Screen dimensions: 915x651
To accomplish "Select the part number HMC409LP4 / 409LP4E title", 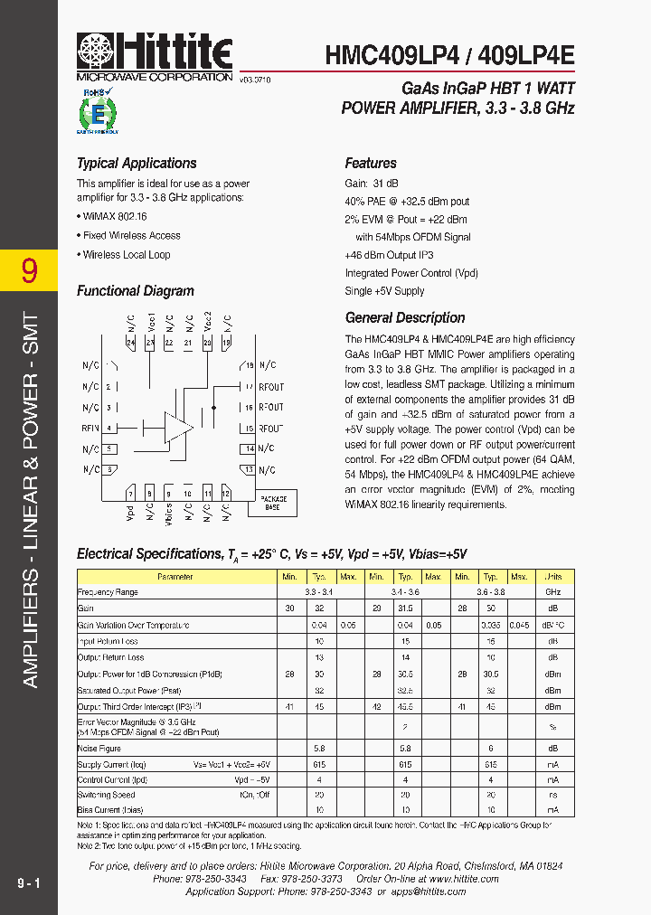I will coord(449,55).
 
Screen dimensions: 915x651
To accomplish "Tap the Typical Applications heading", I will coord(137,164).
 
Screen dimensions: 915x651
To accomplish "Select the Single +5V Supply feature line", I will coord(384,291).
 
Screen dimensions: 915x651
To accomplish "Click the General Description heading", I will coord(405,318).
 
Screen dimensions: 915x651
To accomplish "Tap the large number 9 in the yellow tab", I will coord(29,270).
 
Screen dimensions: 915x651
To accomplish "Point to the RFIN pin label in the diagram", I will coord(90,428).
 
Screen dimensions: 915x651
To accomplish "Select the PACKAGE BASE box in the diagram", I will coord(273,503).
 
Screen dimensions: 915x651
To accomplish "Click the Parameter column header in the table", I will coord(175,577).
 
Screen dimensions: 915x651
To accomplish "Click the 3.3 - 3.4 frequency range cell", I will coord(318,591).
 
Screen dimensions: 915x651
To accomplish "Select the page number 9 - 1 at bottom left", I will coord(28,882).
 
